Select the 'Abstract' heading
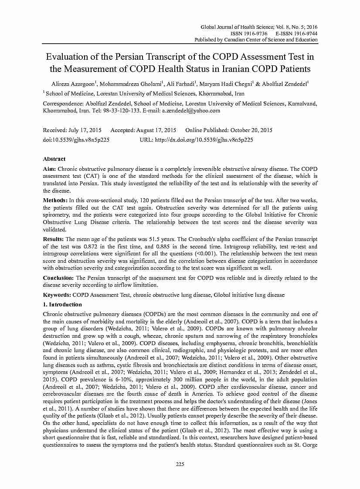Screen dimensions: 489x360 click(x=54, y=159)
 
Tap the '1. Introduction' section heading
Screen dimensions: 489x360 click(x=62, y=305)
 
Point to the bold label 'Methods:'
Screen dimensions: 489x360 click(x=55, y=200)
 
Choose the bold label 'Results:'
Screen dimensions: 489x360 click(x=54, y=239)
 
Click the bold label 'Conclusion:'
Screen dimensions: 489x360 click(x=58, y=278)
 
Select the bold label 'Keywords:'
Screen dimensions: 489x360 click(x=57, y=295)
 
